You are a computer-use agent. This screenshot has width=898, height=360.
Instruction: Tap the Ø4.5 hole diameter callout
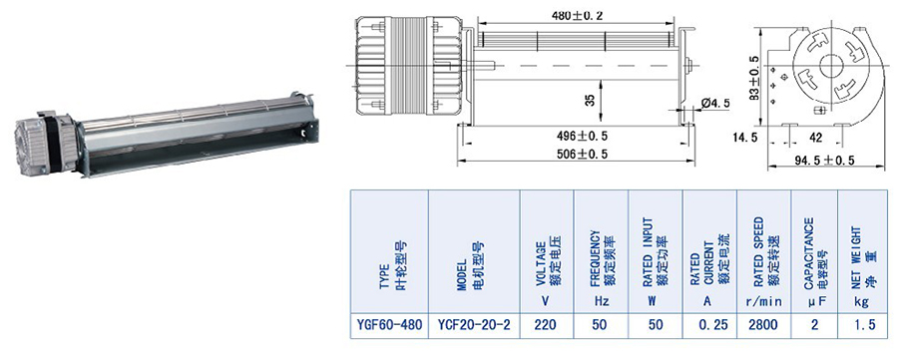pos(714,103)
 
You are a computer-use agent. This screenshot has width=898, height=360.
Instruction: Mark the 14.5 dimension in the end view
pos(744,138)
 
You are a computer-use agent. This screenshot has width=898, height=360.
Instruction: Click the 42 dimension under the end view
pos(815,138)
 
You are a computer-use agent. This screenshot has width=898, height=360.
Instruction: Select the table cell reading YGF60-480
pos(389,326)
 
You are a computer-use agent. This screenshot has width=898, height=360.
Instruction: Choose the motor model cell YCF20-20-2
pos(474,326)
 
